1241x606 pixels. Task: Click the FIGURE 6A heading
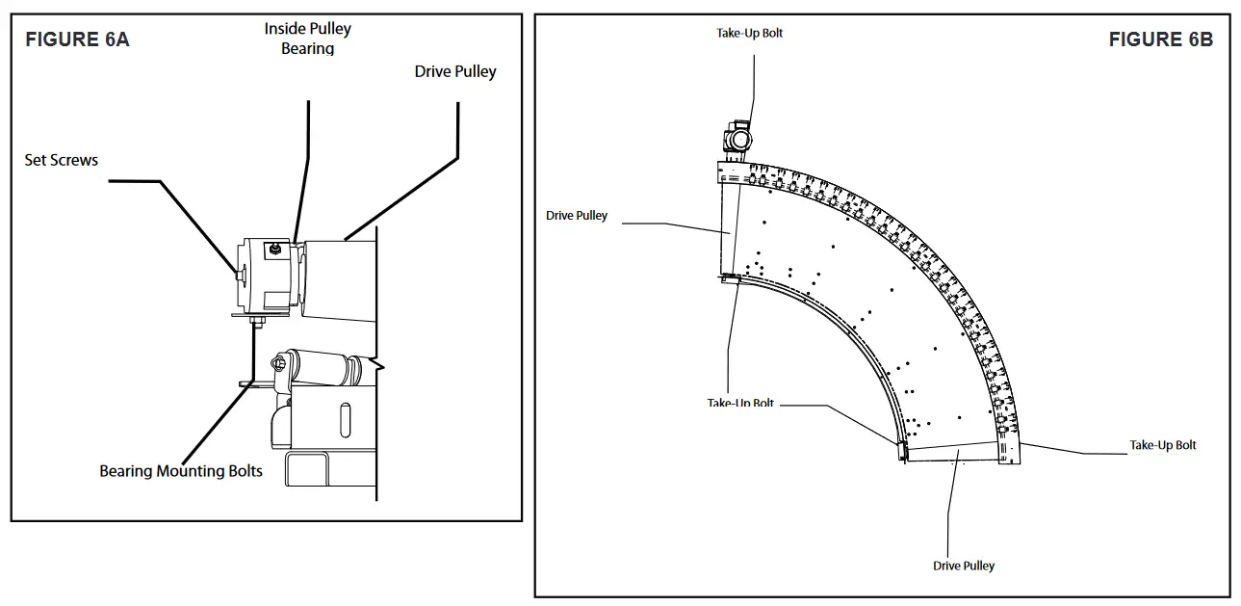tap(77, 40)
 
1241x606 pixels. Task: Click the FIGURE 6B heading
tap(1160, 40)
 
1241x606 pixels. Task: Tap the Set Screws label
tap(61, 160)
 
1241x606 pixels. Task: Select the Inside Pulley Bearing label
tap(307, 39)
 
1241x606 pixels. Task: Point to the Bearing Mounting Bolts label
tap(181, 471)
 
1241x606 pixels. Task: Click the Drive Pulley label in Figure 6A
tap(455, 71)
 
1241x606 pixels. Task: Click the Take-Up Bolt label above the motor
tap(749, 33)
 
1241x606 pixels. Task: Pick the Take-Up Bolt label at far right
tap(1162, 445)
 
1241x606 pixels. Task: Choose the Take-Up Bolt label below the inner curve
tap(740, 403)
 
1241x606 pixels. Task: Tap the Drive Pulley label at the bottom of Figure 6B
tap(963, 566)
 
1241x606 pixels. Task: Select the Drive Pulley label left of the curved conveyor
tap(577, 216)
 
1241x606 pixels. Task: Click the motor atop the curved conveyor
tap(737, 138)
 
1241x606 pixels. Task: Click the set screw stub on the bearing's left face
tap(237, 277)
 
